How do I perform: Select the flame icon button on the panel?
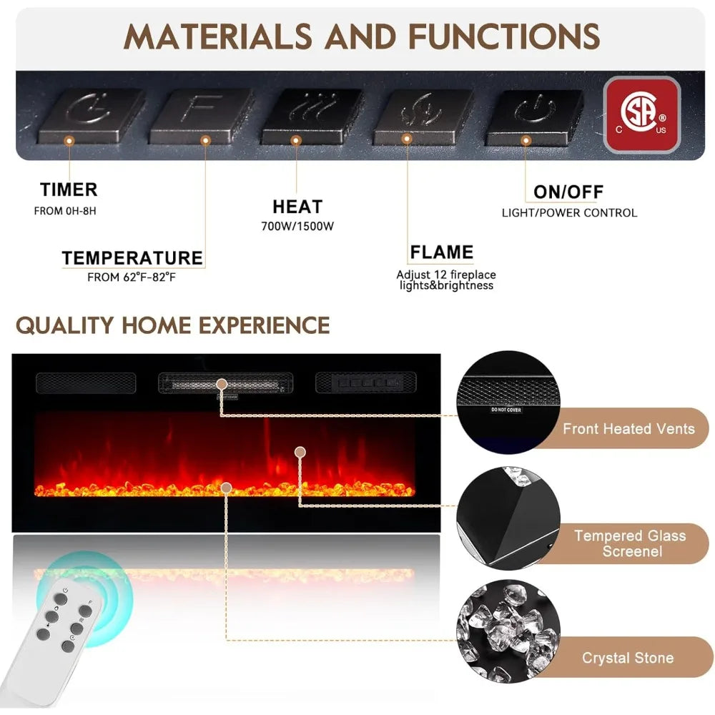pyautogui.click(x=422, y=116)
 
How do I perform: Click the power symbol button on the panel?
pyautogui.click(x=533, y=117)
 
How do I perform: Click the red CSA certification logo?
pyautogui.click(x=641, y=115)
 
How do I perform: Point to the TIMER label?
pyautogui.click(x=69, y=189)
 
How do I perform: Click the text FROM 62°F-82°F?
pyautogui.click(x=132, y=277)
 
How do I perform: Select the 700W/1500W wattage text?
pyautogui.click(x=297, y=226)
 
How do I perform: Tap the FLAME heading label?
pyautogui.click(x=441, y=252)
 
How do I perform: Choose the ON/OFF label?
pyautogui.click(x=568, y=192)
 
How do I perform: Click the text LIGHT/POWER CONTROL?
pyautogui.click(x=570, y=213)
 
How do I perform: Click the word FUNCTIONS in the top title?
pyautogui.click(x=504, y=36)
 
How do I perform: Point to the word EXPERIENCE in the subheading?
pyautogui.click(x=264, y=325)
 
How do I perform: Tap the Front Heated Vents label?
pyautogui.click(x=628, y=428)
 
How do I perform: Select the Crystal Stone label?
pyautogui.click(x=628, y=658)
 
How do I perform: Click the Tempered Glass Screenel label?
pyautogui.click(x=631, y=543)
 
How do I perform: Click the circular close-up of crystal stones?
pyautogui.click(x=508, y=631)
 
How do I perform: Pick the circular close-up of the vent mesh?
pyautogui.click(x=508, y=403)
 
